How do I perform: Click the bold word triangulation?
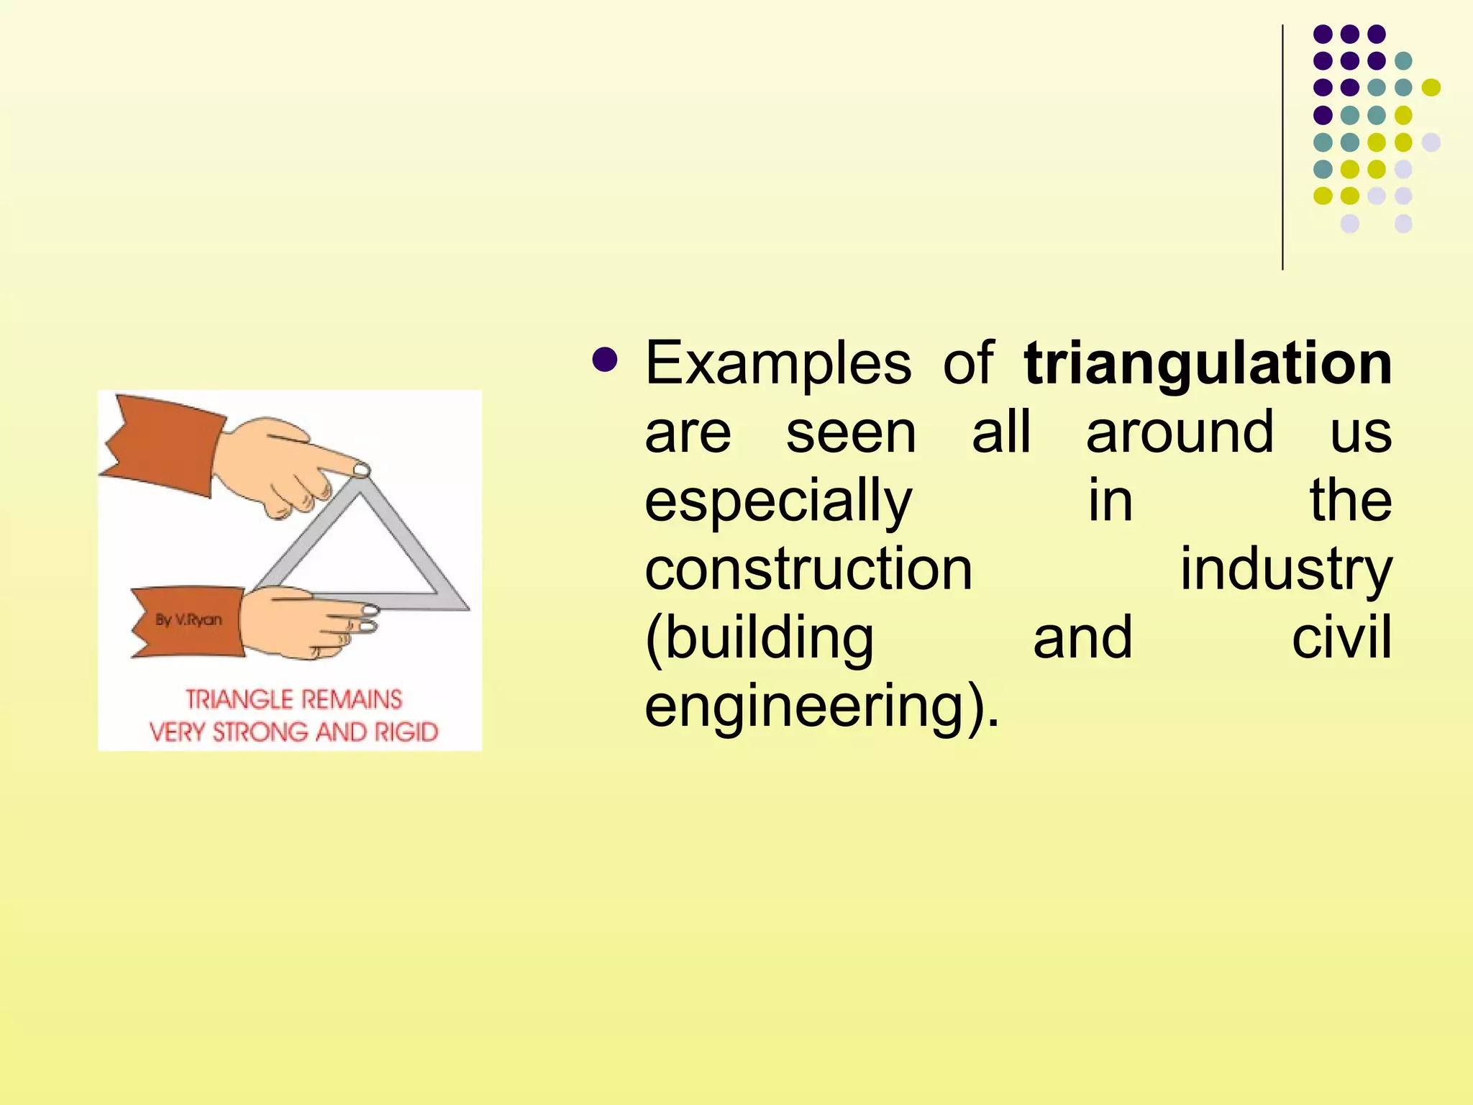pyautogui.click(x=1208, y=364)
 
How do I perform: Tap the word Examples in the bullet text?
pyautogui.click(x=777, y=364)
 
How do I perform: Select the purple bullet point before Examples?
pyautogui.click(x=605, y=360)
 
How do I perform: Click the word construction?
pyautogui.click(x=808, y=569)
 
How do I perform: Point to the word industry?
pyautogui.click(x=1286, y=569)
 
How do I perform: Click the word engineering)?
pyautogui.click(x=821, y=706)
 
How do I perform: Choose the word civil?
pyautogui.click(x=1341, y=637)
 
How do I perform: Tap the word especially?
pyautogui.click(x=777, y=501)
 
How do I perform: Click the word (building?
pyautogui.click(x=760, y=637)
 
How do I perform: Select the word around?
pyautogui.click(x=1180, y=432)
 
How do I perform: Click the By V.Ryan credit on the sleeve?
pyautogui.click(x=188, y=619)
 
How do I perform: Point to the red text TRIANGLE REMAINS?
pyautogui.click(x=293, y=699)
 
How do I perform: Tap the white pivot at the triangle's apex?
pyautogui.click(x=361, y=470)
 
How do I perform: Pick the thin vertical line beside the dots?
pyautogui.click(x=1282, y=147)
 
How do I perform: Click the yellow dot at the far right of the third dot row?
pyautogui.click(x=1431, y=88)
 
